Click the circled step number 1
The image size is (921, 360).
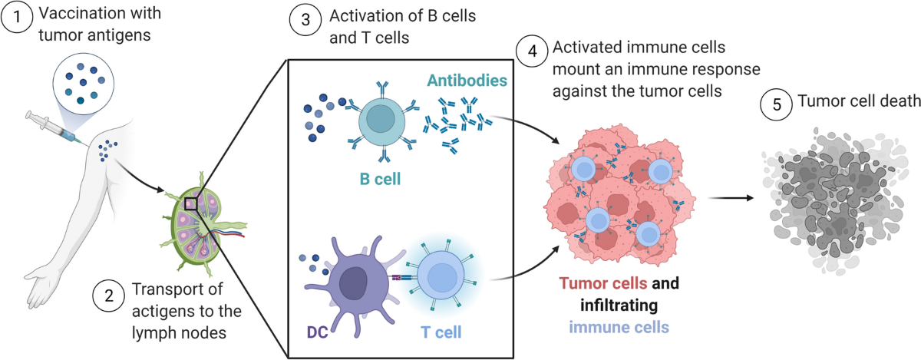tap(17, 17)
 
